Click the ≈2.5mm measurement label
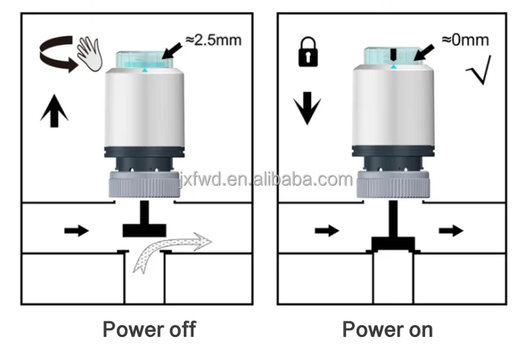click(214, 39)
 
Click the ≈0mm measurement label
click(465, 39)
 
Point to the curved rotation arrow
click(57, 57)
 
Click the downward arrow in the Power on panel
click(305, 111)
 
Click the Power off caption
click(149, 328)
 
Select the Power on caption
click(387, 328)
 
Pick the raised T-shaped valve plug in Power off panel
click(144, 223)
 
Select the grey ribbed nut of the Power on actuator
click(392, 183)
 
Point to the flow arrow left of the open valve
click(76, 231)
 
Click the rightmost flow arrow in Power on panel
click(450, 231)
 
